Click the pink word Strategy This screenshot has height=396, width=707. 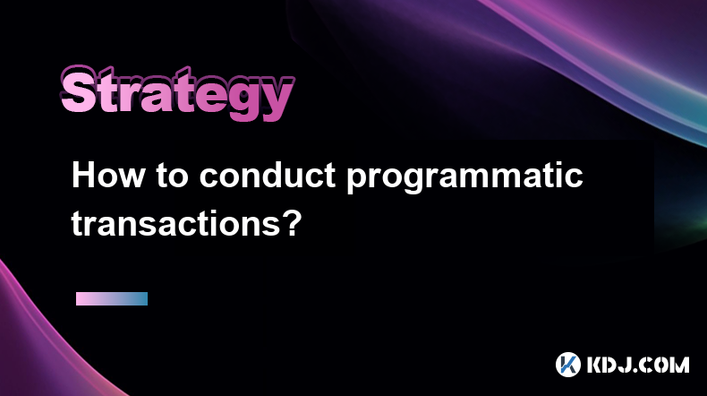pos(177,93)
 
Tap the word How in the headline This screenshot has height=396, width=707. pos(108,175)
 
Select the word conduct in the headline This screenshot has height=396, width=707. pos(268,175)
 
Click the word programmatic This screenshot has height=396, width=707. pos(464,177)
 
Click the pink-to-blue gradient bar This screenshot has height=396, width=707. pos(112,298)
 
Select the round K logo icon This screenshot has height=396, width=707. pos(568,365)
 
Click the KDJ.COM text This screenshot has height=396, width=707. pos(638,365)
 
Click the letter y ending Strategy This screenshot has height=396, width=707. pos(276,99)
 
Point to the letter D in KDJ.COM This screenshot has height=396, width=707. pos(617,365)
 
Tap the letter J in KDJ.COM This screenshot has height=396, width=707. pos(634,365)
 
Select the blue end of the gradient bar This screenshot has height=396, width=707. pos(143,298)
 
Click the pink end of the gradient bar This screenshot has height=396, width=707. pos(81,298)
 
